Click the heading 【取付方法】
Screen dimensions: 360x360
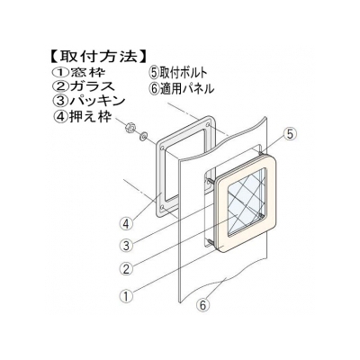(97, 56)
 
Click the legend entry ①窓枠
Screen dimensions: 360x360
(78, 72)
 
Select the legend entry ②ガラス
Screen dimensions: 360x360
(84, 86)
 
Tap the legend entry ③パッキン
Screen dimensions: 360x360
(88, 101)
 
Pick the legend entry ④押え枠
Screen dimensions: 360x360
(82, 115)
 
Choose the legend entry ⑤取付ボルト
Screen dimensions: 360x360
(178, 73)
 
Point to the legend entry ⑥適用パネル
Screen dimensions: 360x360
(182, 88)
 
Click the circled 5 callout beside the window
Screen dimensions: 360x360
(290, 134)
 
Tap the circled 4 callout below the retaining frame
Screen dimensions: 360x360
(126, 224)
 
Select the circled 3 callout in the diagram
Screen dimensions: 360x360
(126, 246)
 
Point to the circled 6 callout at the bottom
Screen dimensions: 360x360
(202, 305)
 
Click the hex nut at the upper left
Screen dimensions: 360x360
(130, 129)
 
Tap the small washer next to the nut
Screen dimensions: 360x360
(143, 137)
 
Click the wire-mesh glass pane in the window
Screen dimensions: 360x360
(247, 202)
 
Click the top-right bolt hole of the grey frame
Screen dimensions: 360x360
(208, 124)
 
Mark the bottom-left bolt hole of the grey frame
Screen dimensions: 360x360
(163, 208)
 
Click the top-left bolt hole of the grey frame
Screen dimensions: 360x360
(162, 148)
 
